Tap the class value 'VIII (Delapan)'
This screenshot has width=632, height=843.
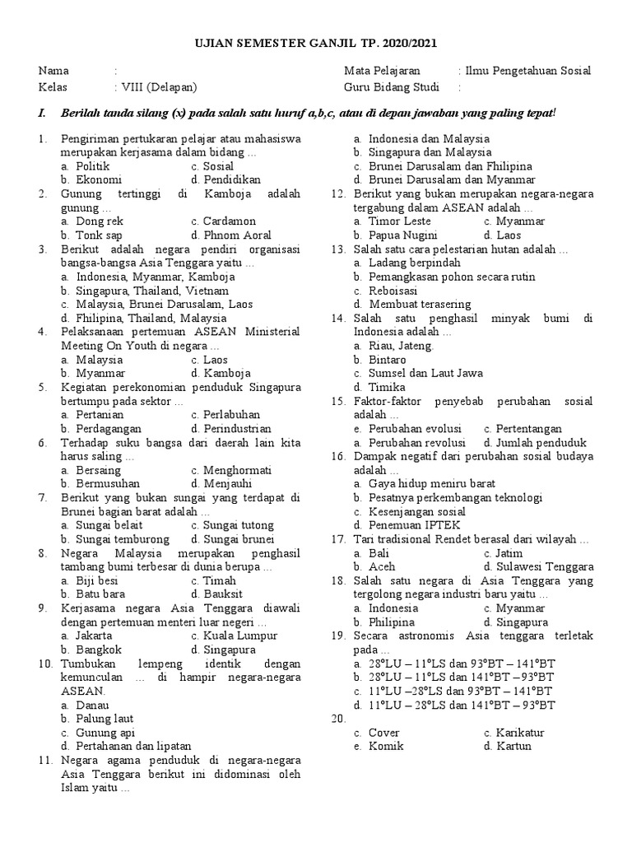coord(159,87)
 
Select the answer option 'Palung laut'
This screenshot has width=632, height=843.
coord(105,719)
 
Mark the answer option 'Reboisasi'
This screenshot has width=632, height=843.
coord(393,291)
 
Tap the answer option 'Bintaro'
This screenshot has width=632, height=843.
coord(387,360)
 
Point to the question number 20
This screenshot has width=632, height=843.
coord(338,719)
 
